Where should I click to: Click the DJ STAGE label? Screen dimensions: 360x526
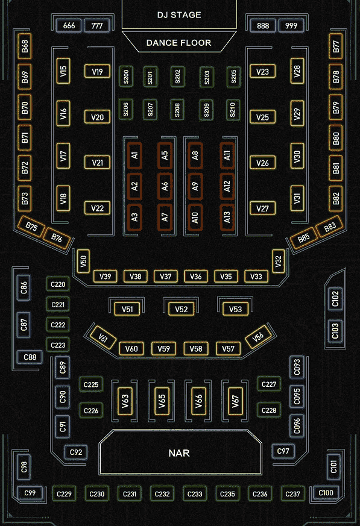click(179, 14)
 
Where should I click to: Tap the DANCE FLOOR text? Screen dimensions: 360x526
click(178, 43)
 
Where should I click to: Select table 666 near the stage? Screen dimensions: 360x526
click(69, 25)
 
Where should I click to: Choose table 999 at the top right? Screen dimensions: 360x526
click(291, 25)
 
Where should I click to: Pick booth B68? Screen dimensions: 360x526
click(25, 46)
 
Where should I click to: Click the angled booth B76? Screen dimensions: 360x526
click(57, 238)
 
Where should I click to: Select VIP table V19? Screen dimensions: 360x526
click(97, 72)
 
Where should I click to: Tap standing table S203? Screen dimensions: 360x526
click(206, 77)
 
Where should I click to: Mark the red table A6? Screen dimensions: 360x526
click(165, 186)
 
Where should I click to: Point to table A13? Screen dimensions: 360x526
click(227, 217)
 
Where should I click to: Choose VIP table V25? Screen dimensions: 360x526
click(262, 117)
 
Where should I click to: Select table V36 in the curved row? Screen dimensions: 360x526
click(196, 277)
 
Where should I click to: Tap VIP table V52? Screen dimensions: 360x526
click(181, 309)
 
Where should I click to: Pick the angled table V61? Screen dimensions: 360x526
click(103, 337)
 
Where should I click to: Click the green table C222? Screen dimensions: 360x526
click(58, 325)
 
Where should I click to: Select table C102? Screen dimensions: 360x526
click(335, 299)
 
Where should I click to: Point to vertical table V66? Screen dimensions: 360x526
click(198, 401)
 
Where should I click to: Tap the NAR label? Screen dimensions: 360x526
click(179, 453)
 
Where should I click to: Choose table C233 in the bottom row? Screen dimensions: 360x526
click(195, 494)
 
